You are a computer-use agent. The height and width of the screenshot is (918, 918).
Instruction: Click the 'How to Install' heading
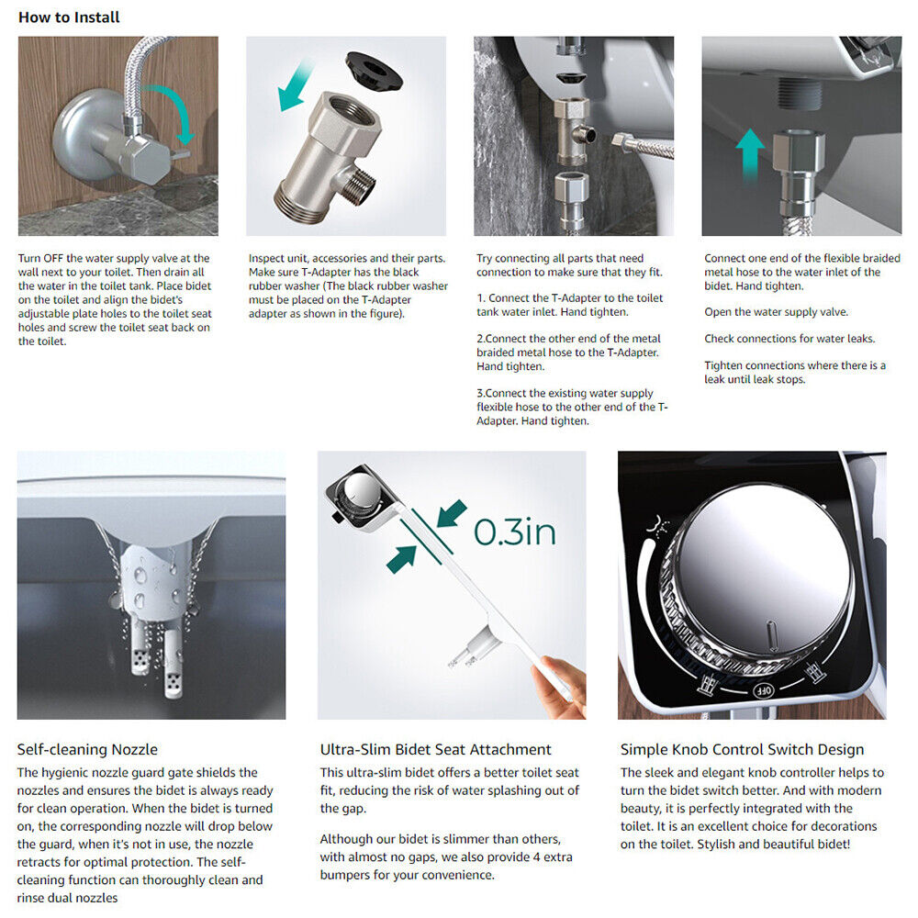click(69, 17)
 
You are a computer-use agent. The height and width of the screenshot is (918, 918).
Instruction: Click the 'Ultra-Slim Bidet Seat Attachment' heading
click(435, 750)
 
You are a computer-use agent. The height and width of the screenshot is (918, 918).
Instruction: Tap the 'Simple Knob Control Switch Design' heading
click(742, 750)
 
